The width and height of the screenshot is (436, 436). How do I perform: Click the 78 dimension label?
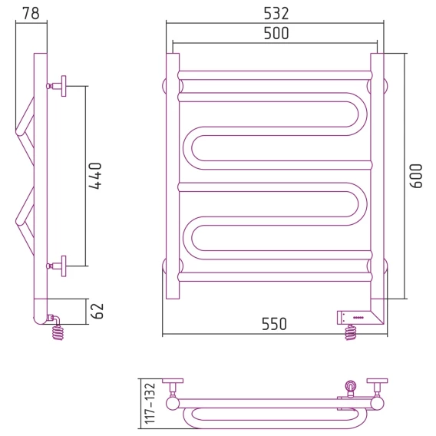coord(31,13)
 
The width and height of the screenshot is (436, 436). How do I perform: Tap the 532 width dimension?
coord(276,13)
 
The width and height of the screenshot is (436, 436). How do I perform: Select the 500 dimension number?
coord(276,33)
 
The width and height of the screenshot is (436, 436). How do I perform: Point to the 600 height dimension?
coord(416,176)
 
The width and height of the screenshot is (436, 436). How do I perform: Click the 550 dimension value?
coord(274,324)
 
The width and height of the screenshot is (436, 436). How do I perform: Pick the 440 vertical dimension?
coord(95,176)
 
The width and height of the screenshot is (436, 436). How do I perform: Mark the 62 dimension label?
coord(97,311)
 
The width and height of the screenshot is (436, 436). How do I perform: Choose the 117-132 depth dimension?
coord(150,403)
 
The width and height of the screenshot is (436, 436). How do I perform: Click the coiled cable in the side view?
coord(58,332)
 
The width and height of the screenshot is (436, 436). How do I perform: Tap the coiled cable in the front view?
coord(351,332)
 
